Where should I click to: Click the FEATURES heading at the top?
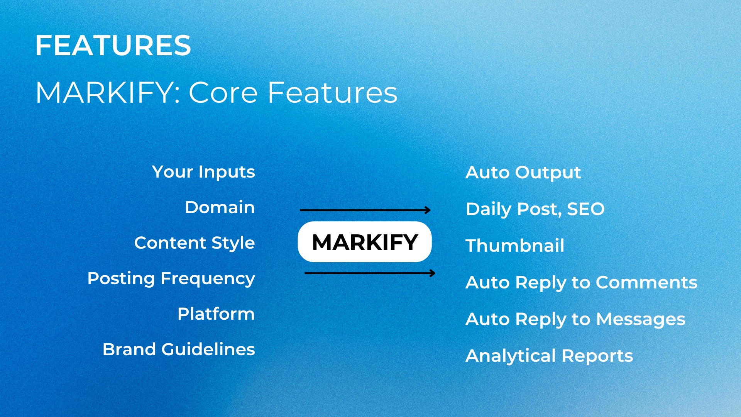point(113,46)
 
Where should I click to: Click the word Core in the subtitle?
point(223,93)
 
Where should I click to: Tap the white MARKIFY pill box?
point(364,242)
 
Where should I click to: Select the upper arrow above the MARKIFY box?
point(365,210)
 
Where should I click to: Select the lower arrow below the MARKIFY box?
point(369,273)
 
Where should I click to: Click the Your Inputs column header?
point(203,172)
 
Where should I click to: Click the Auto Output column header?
point(523,172)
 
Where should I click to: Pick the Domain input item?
point(220,207)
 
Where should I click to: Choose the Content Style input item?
point(195,243)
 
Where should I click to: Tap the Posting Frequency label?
point(171,278)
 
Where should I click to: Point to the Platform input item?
point(216,314)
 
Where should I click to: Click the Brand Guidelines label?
point(179,349)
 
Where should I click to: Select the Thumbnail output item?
point(515,246)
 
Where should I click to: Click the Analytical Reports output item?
point(549,356)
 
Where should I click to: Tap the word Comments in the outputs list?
point(646,282)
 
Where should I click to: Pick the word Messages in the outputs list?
point(640,319)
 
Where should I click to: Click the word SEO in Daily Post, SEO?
point(585,209)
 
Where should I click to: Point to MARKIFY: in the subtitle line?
point(108,93)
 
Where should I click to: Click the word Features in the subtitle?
point(332,93)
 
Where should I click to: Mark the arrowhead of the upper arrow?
point(428,210)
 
